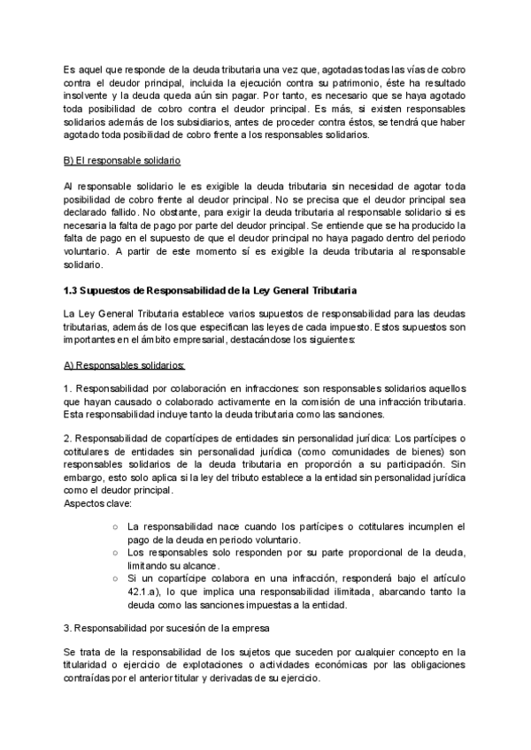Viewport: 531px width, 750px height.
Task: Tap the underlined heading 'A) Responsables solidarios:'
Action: [x=124, y=364]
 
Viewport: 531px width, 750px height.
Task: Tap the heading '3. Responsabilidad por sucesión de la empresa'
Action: [x=168, y=627]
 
